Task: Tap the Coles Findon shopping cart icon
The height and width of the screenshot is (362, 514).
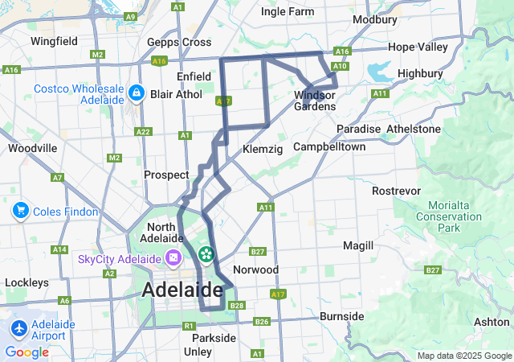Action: click(20, 212)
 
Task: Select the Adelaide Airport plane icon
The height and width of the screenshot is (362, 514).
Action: click(20, 329)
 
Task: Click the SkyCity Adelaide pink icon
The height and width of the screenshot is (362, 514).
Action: click(173, 259)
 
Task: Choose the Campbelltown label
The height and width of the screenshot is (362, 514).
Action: click(329, 147)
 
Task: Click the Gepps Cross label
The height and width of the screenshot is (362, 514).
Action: click(179, 43)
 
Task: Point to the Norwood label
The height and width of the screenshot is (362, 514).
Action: click(255, 269)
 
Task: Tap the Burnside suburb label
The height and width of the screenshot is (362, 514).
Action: click(342, 316)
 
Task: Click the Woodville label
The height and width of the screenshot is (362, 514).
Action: click(32, 148)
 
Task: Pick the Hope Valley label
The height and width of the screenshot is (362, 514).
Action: click(418, 47)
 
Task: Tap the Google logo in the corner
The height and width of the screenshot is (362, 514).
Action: click(27, 352)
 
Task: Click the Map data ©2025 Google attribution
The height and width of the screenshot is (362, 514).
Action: click(463, 356)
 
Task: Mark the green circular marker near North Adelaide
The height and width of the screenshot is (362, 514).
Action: click(206, 255)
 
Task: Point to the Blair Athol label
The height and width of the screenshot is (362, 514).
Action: click(177, 94)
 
